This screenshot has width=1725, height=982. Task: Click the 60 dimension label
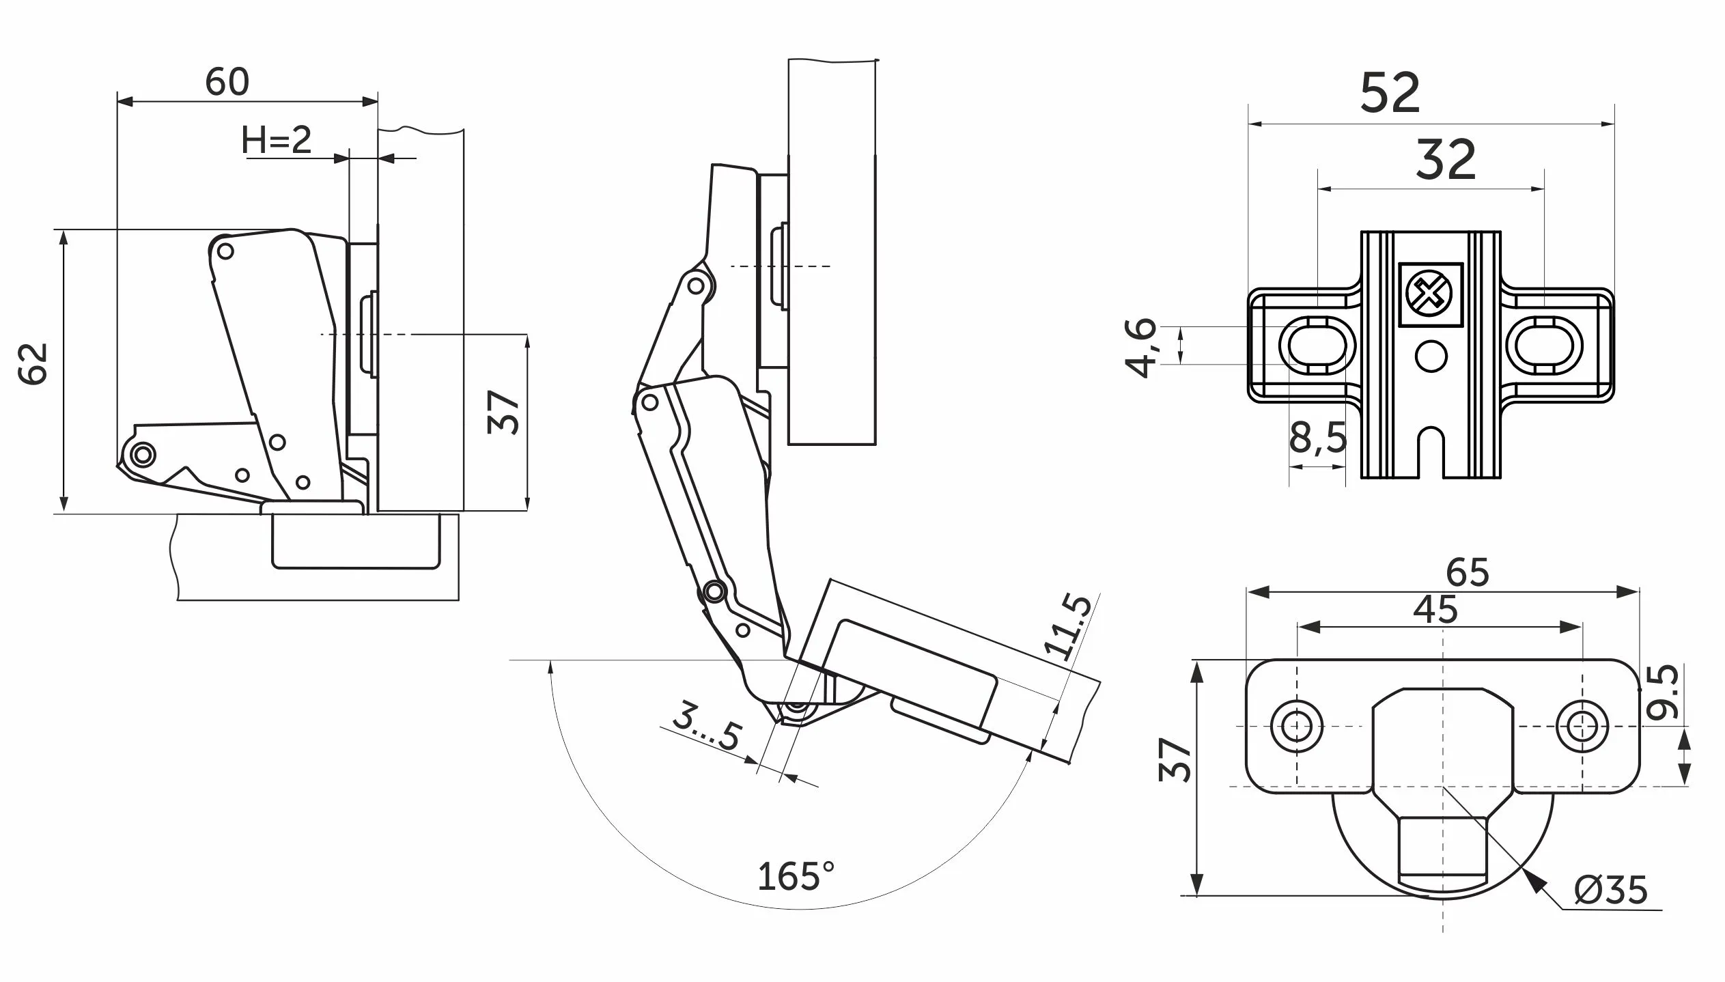pos(227,83)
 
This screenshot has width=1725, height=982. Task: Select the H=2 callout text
pos(277,141)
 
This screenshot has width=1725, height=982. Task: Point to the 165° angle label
pos(796,876)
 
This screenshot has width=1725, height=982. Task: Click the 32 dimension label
pos(1446,160)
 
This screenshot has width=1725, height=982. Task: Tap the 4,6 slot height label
pos(1140,347)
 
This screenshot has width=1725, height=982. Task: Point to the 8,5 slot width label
pos(1317,438)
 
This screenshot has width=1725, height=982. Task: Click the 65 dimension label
pos(1467,572)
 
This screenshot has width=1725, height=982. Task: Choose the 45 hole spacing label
pos(1435,609)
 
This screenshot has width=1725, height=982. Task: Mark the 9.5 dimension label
pos(1662,691)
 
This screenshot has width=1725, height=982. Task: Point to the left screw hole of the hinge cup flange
pos(1296,725)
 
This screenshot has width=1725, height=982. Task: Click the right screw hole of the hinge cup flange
pos(1582,725)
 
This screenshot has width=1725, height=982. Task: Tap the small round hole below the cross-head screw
pos(1431,356)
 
